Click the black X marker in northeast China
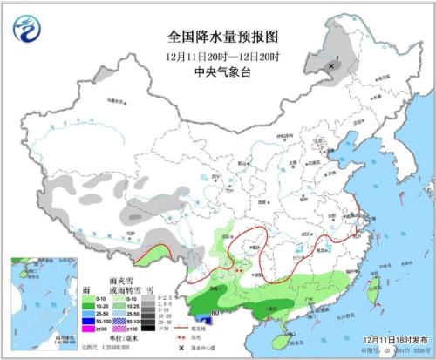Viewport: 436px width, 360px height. (x=332, y=65)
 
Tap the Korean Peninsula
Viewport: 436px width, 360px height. (x=390, y=174)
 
